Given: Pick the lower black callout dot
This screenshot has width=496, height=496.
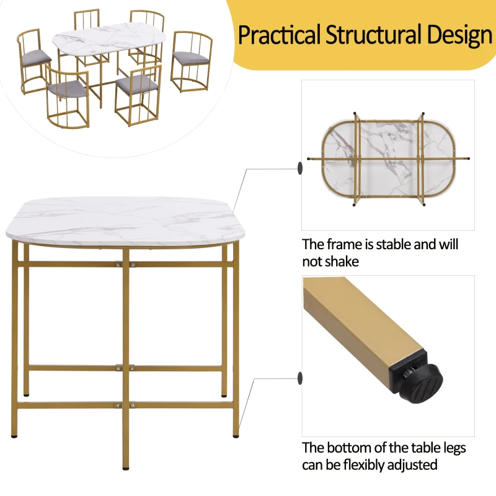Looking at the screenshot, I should point(299,377).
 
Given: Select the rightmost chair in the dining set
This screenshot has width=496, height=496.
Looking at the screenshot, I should point(191,60).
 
